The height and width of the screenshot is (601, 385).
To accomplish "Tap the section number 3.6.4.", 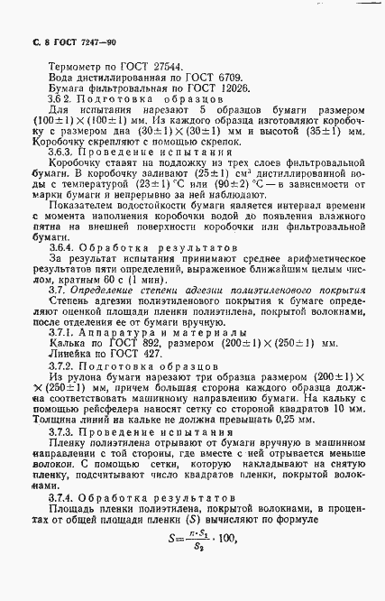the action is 64,272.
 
